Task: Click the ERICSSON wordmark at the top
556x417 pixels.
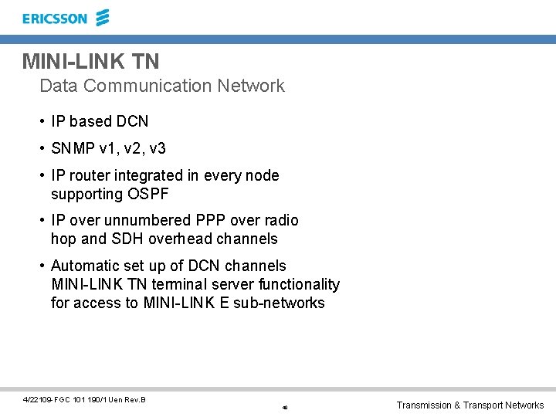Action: [55, 19]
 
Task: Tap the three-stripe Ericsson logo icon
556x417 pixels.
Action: [102, 18]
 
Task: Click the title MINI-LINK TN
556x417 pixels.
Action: [91, 61]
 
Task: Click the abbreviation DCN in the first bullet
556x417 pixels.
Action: [132, 121]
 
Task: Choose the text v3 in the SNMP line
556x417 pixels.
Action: [157, 148]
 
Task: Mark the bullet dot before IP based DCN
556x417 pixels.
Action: [42, 122]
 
